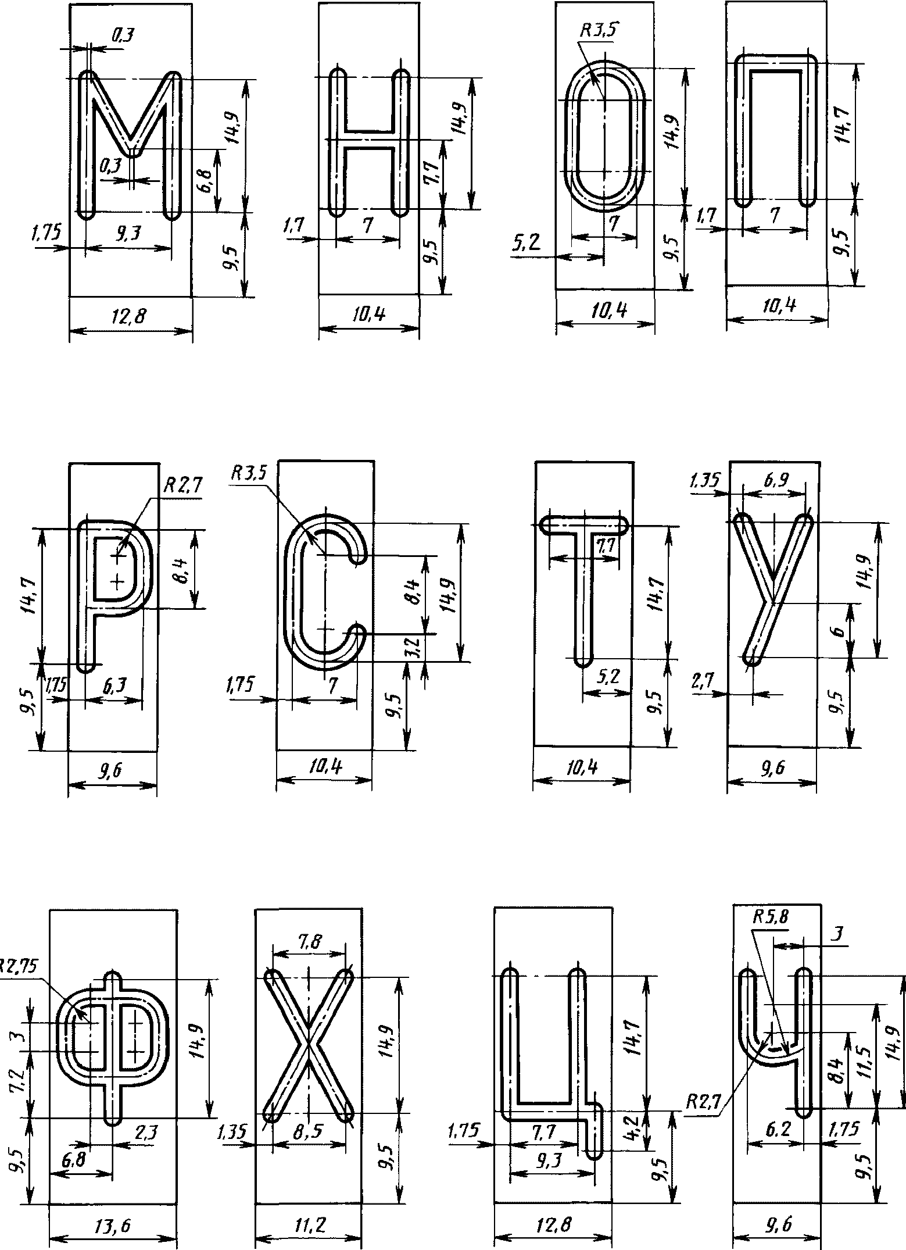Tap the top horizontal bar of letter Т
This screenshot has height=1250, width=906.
[x=585, y=525]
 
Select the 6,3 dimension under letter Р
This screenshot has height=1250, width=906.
[x=115, y=687]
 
